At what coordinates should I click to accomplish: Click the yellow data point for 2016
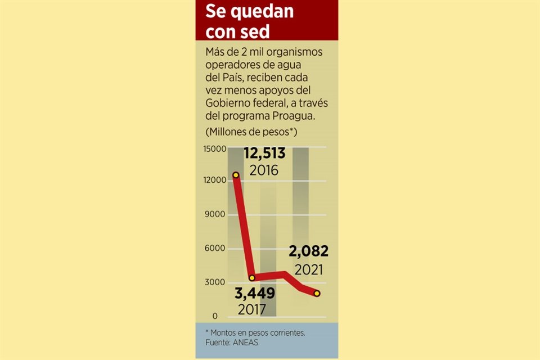[236, 175]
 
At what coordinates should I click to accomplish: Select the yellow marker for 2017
[252, 278]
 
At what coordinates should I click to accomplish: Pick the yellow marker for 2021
[317, 293]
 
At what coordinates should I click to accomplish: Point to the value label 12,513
[264, 153]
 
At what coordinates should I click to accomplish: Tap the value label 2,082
[308, 251]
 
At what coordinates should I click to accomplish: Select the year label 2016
[264, 169]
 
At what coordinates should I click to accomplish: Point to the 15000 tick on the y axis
[215, 149]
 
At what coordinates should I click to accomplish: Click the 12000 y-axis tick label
[215, 181]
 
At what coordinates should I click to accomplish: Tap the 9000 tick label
[217, 214]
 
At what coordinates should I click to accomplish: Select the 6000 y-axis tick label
[217, 248]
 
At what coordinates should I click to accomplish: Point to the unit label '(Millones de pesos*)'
[251, 132]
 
